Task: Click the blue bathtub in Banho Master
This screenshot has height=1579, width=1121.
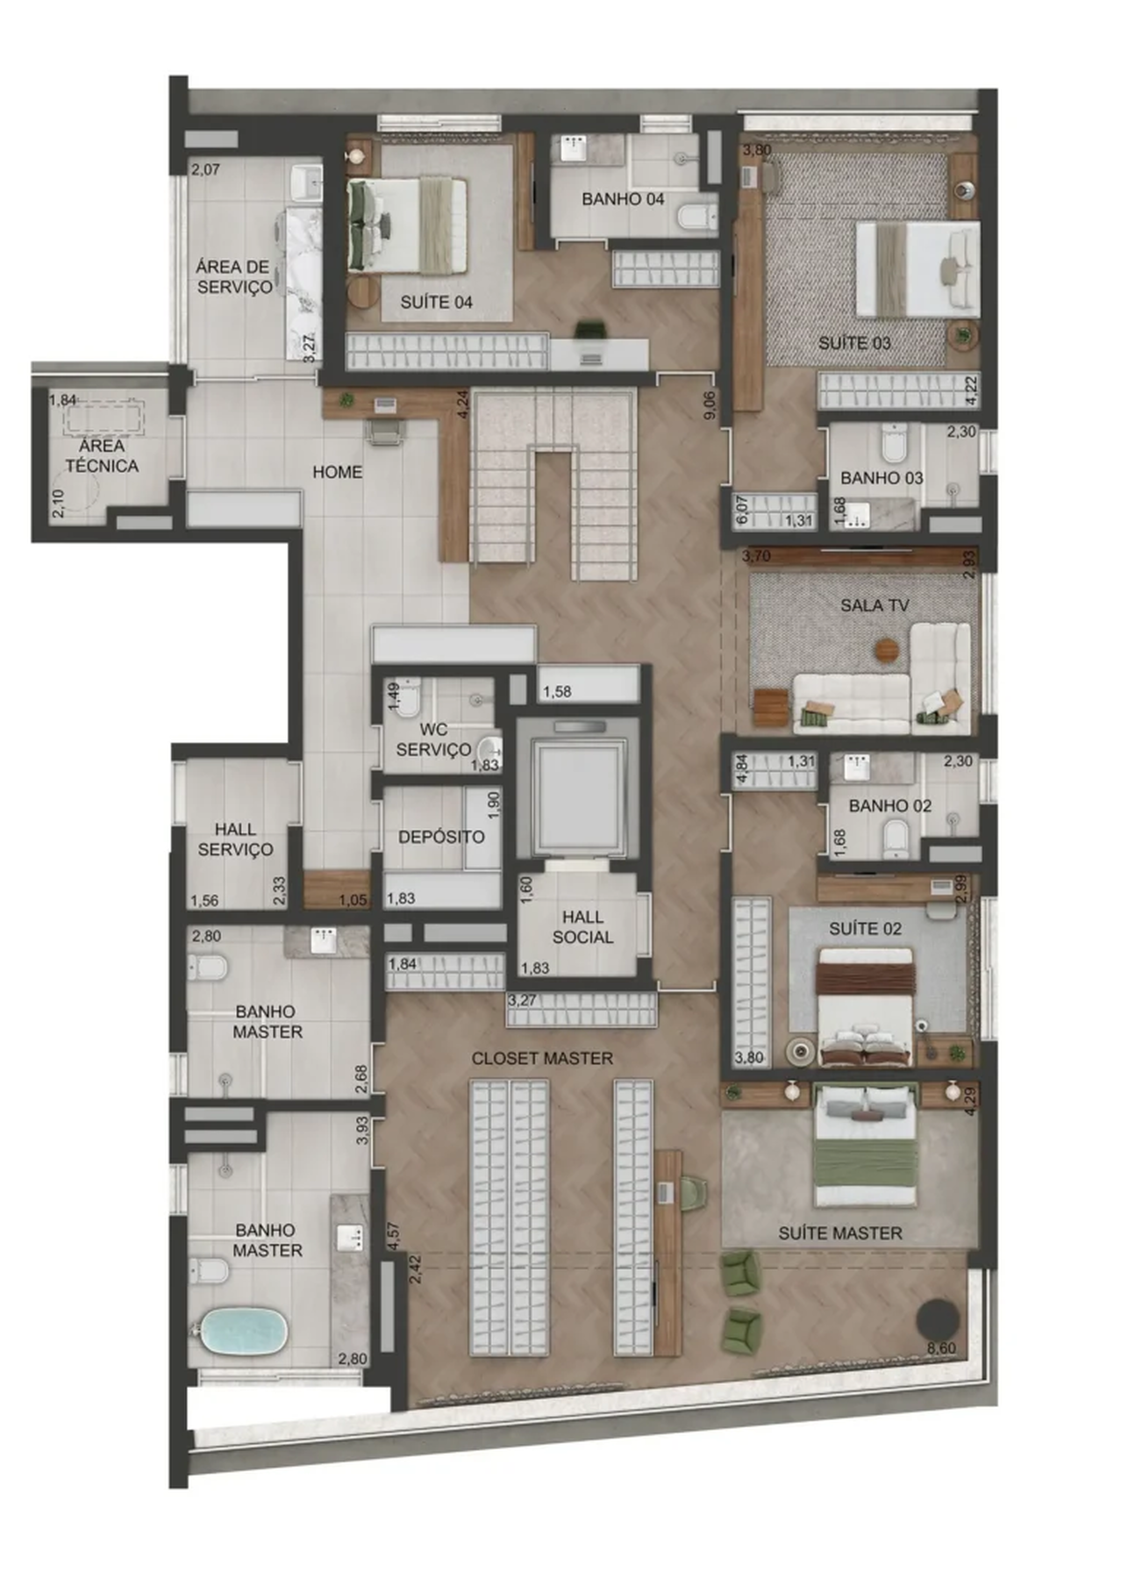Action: coord(244,1332)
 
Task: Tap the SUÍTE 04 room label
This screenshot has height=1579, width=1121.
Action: coord(436,302)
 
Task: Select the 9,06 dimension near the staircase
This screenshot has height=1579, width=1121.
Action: coord(710,404)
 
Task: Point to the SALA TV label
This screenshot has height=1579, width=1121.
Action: coord(874,605)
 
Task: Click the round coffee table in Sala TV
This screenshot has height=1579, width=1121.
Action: coord(887,649)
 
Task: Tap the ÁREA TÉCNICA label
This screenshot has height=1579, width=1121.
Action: coord(102,455)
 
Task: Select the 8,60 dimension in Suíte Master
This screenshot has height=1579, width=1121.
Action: coord(941,1348)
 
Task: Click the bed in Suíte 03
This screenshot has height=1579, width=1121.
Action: coord(917,268)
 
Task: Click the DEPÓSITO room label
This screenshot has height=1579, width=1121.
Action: coord(441,837)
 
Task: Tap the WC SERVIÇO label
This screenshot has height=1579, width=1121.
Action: coord(433,739)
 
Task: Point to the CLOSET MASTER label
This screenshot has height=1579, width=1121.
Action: coord(542,1059)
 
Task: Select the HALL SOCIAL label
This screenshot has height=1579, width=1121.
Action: coord(582,926)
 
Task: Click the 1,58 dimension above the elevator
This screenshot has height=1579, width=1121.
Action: coord(557,692)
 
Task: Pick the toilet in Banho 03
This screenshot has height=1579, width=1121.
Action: coord(893,444)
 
